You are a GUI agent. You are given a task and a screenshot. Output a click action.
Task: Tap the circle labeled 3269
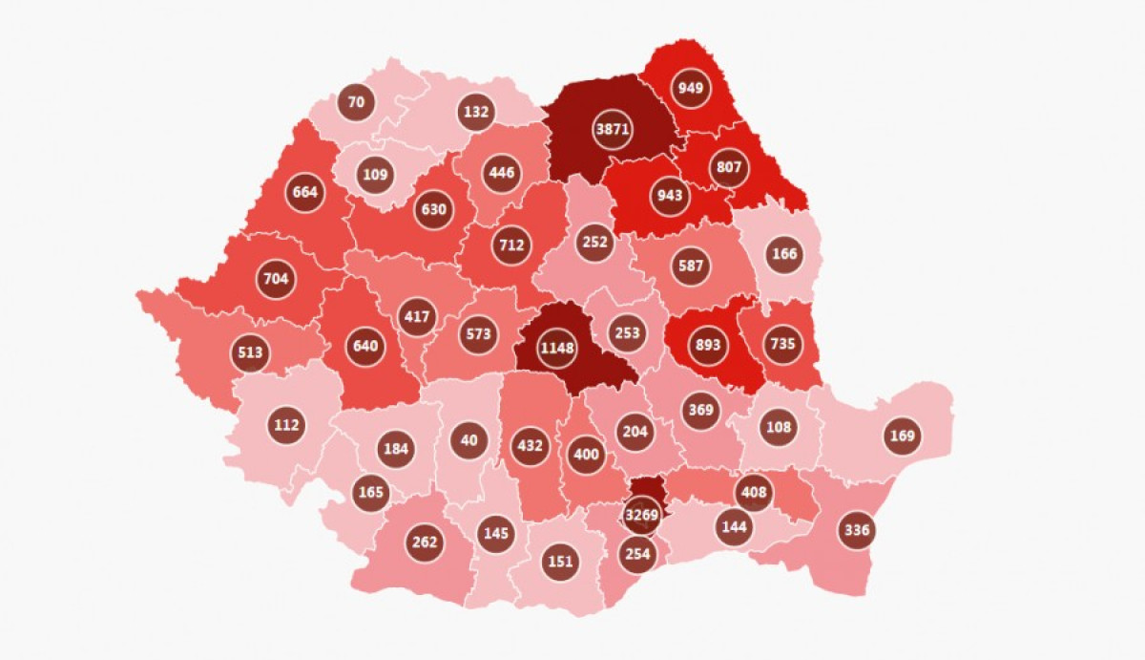[642, 516]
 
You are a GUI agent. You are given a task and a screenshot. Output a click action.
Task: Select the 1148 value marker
[557, 347]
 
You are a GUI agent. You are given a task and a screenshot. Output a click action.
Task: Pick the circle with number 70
[356, 101]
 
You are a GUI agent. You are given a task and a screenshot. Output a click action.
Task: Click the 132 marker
[475, 111]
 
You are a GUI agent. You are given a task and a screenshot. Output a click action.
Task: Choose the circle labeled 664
[305, 192]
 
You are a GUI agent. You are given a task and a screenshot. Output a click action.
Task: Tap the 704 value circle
[275, 279]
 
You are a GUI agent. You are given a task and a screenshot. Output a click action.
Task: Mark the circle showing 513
[250, 351]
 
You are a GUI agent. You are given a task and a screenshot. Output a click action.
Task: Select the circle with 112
[286, 425]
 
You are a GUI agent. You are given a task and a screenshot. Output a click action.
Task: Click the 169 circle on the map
[902, 436]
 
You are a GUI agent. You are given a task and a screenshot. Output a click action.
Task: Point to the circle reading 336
[857, 529]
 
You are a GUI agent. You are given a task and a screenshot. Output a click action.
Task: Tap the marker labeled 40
[468, 439]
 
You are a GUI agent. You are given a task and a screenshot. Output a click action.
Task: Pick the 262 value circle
[425, 543]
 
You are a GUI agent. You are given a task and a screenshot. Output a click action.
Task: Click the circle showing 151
[560, 561]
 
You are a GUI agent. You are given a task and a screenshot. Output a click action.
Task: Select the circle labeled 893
[709, 346]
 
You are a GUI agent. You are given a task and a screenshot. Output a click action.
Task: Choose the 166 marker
[783, 254]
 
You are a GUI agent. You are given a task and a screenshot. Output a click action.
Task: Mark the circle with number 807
[729, 167]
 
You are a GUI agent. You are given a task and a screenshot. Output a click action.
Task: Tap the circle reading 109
[374, 175]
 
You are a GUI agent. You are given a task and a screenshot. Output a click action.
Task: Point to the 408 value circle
[753, 494]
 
